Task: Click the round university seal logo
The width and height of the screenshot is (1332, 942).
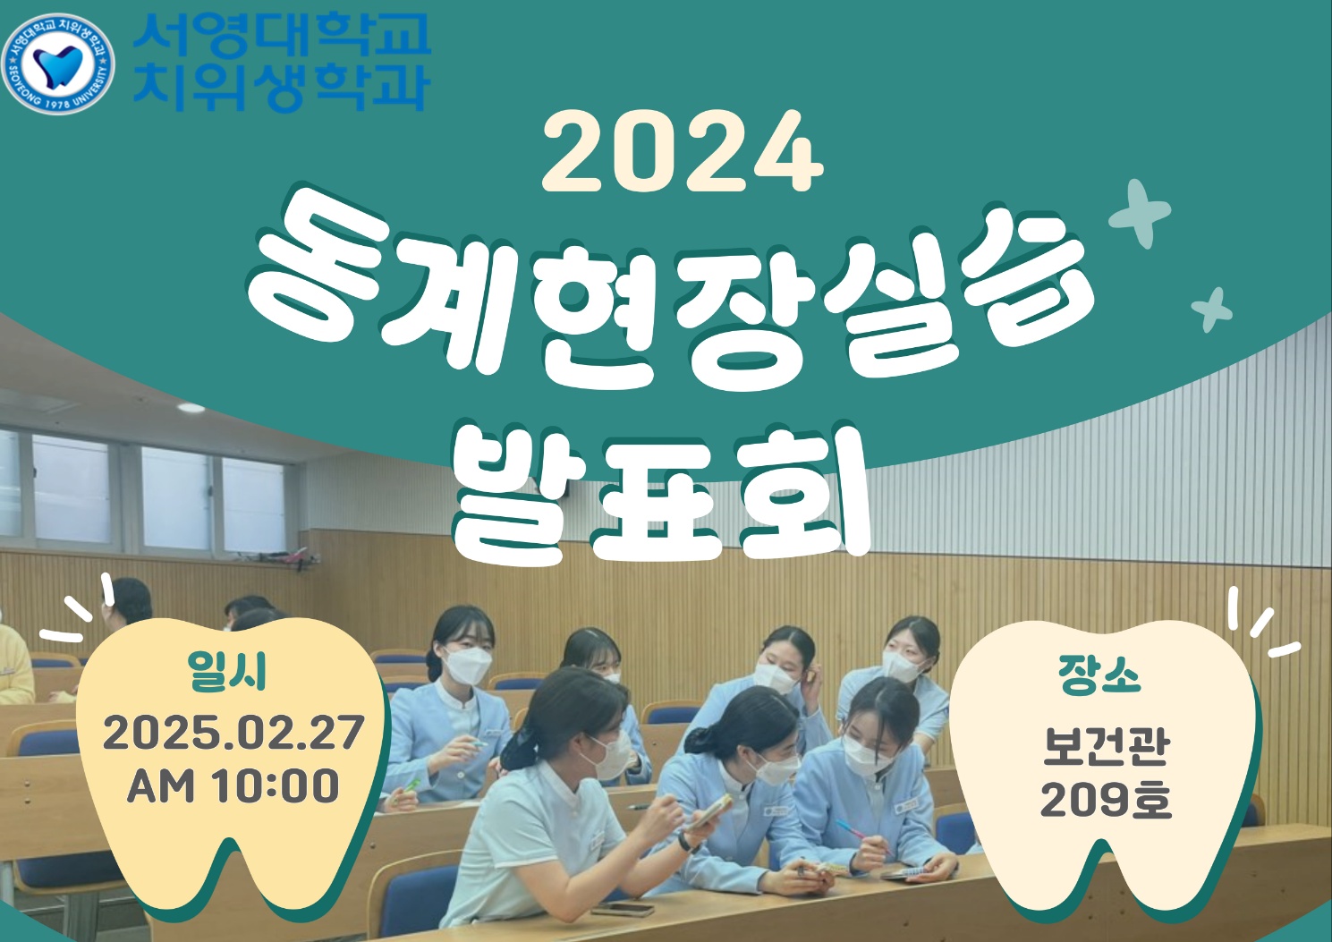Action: [x=57, y=64]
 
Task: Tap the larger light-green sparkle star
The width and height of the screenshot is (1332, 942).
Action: [x=1140, y=214]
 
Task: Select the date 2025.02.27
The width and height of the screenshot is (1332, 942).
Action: [x=233, y=732]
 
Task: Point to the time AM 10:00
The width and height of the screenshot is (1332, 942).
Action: [x=233, y=785]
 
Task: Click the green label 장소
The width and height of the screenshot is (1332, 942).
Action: [x=1099, y=676]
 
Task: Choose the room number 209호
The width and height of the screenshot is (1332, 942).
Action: [x=1106, y=801]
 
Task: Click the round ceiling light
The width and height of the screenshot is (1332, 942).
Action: [x=191, y=408]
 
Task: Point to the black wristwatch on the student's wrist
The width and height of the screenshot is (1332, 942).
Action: [x=689, y=842]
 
